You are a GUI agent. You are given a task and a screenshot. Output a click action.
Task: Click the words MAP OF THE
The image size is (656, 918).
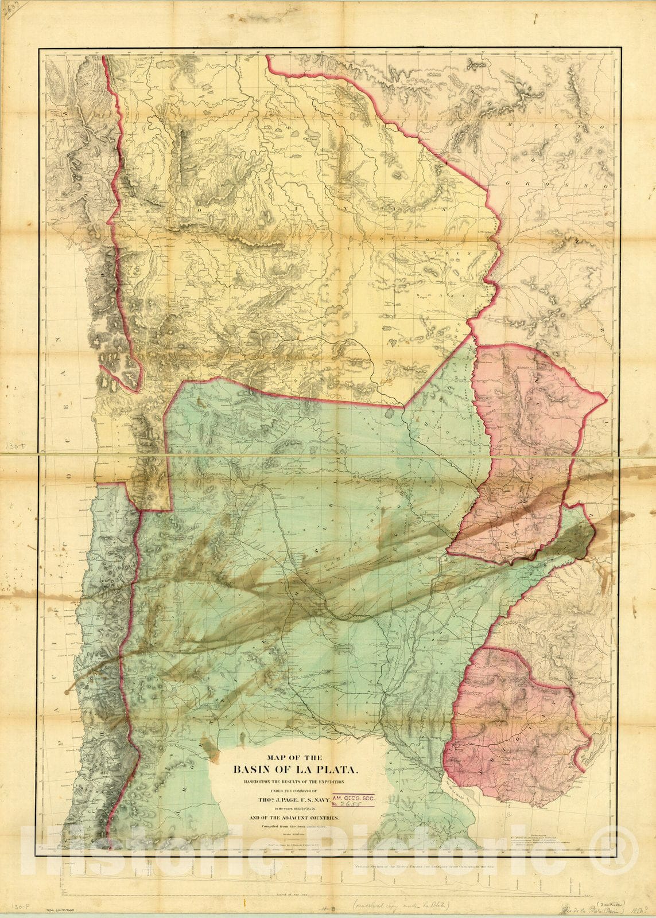296,757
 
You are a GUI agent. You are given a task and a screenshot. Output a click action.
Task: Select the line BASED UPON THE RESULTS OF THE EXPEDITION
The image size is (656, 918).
296,781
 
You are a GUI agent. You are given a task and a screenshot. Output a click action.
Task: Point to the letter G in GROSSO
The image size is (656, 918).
509,182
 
